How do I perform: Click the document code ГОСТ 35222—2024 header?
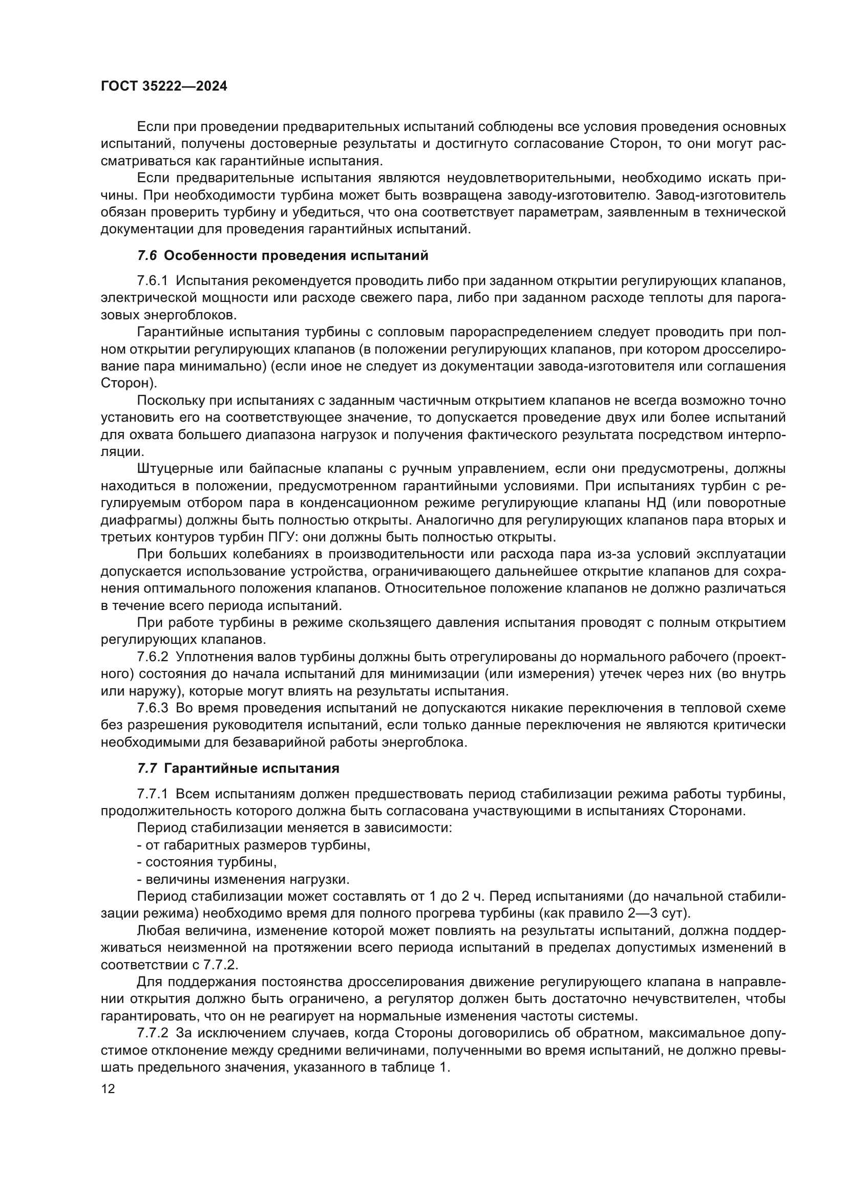click(x=164, y=86)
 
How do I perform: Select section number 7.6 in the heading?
click(x=146, y=256)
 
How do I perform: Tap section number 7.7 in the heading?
click(x=146, y=769)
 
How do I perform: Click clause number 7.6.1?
click(x=152, y=281)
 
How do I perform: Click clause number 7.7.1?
click(x=152, y=794)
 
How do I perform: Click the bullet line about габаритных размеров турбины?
click(x=253, y=845)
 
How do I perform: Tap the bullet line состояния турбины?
click(x=206, y=862)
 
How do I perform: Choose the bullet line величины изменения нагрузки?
click(x=243, y=880)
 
